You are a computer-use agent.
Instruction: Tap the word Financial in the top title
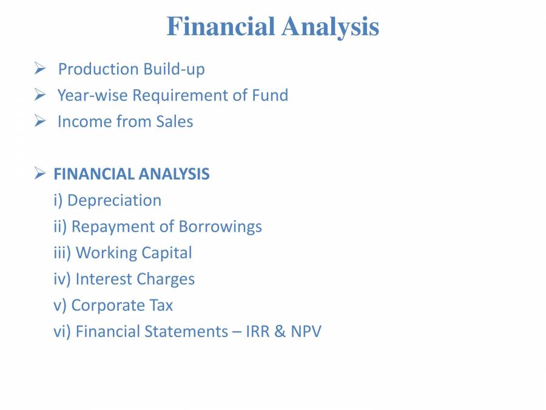(x=220, y=27)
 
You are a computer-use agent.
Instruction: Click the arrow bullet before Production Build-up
(x=41, y=69)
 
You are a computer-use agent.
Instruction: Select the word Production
(x=98, y=69)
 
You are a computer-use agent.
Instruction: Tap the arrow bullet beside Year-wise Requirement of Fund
(x=41, y=95)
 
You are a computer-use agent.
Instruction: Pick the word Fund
(x=270, y=95)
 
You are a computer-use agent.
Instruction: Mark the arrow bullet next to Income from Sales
(x=41, y=121)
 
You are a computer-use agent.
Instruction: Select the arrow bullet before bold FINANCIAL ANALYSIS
(x=41, y=174)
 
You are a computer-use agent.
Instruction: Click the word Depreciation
(x=114, y=200)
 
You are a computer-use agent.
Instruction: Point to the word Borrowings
(x=220, y=227)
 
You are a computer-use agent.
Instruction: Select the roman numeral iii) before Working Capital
(x=62, y=253)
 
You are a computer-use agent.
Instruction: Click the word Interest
(x=104, y=279)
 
